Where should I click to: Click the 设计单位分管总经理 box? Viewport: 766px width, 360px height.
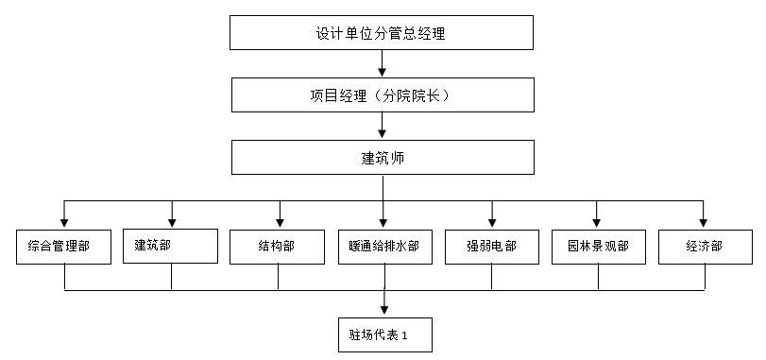click(x=382, y=32)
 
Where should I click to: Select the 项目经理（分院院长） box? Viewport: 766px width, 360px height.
click(x=382, y=95)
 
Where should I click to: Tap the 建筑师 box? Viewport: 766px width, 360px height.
click(x=382, y=157)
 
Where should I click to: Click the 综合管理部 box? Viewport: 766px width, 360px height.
click(x=64, y=246)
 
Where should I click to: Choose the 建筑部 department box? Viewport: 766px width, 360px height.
click(x=171, y=246)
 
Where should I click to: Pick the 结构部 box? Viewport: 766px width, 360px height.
click(x=278, y=246)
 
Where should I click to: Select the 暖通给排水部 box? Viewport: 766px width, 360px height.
click(x=383, y=246)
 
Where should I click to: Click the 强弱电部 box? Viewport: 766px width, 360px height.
click(x=491, y=246)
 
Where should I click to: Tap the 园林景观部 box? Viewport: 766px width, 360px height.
click(x=598, y=246)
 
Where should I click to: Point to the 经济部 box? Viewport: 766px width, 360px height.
click(x=704, y=246)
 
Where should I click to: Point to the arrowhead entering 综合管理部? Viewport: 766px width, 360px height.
click(x=64, y=222)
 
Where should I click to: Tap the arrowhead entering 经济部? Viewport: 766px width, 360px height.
click(x=704, y=222)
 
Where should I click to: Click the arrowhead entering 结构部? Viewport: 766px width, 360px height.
click(x=278, y=222)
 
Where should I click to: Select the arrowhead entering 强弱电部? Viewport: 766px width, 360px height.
click(x=491, y=222)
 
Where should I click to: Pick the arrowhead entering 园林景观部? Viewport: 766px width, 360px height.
click(x=598, y=222)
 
